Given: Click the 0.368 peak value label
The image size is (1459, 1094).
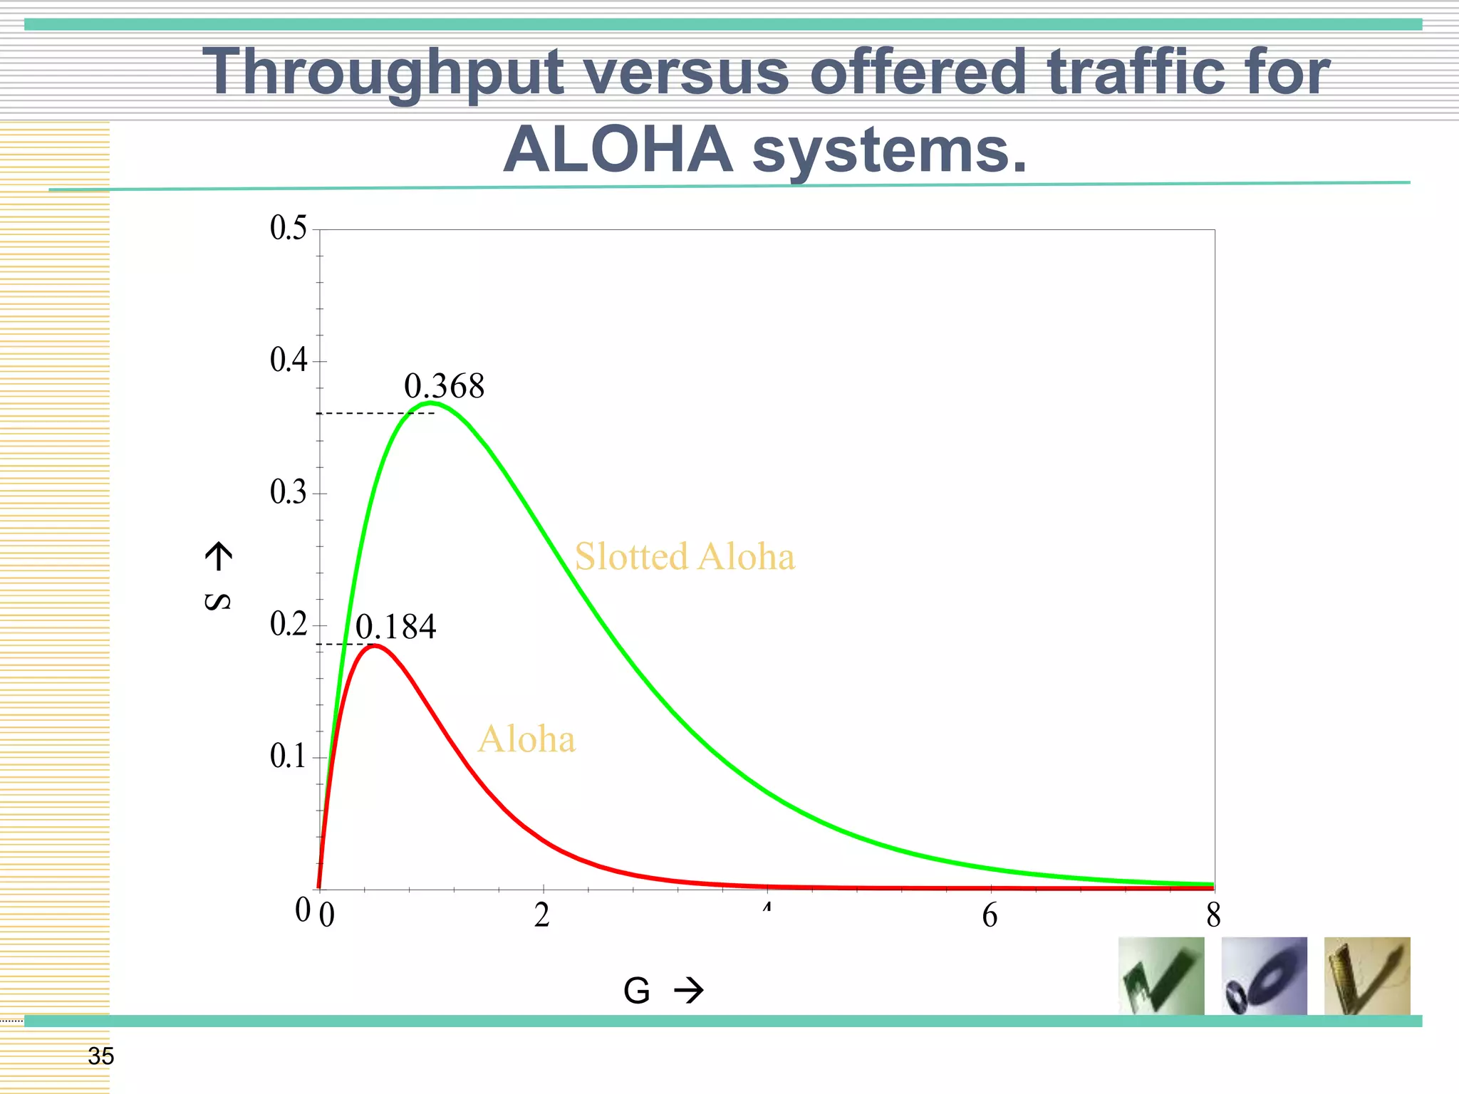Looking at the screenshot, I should pyautogui.click(x=444, y=387).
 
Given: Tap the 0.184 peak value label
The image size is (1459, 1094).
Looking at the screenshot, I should pyautogui.click(x=395, y=627).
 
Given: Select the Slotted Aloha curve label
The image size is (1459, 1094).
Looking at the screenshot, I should pyautogui.click(x=684, y=556).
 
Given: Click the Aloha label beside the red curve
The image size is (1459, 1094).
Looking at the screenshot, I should pyautogui.click(x=526, y=739).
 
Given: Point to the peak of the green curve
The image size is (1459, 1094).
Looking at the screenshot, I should pyautogui.click(x=431, y=403).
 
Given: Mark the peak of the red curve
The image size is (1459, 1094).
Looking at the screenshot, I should pyautogui.click(x=375, y=645).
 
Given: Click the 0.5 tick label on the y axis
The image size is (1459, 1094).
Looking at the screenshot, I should pyautogui.click(x=288, y=228).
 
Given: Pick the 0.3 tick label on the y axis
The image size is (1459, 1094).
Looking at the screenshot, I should pyautogui.click(x=288, y=492).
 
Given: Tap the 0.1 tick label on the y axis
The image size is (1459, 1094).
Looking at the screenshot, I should pyautogui.click(x=288, y=756).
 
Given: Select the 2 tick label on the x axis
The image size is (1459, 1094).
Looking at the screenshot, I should pyautogui.click(x=542, y=915).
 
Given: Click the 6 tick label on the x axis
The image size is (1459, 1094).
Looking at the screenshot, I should pyautogui.click(x=990, y=915).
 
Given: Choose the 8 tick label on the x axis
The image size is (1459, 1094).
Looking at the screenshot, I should pyautogui.click(x=1213, y=915).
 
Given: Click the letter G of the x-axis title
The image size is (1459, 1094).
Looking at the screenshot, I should pyautogui.click(x=636, y=991).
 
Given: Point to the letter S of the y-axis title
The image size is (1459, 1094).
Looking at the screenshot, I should pyautogui.click(x=217, y=602).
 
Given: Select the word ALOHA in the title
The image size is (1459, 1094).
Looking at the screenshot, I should pyautogui.click(x=618, y=150).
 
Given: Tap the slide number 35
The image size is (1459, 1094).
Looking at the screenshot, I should pyautogui.click(x=100, y=1056).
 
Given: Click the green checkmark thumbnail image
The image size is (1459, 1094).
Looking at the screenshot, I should pyautogui.click(x=1161, y=976).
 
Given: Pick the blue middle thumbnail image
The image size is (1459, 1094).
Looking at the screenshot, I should pyautogui.click(x=1264, y=976).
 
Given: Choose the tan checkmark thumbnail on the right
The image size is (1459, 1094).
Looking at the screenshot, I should pyautogui.click(x=1366, y=976).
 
